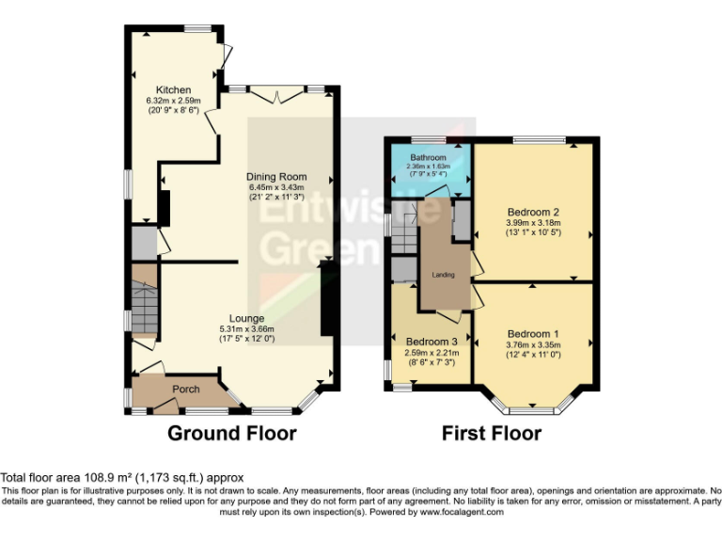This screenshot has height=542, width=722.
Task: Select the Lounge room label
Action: [246, 318]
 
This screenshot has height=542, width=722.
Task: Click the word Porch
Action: [185, 389]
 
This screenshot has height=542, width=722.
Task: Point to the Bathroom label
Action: [428, 157]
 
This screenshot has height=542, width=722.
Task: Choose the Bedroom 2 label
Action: [533, 211]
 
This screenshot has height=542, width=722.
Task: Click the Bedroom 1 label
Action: [533, 334]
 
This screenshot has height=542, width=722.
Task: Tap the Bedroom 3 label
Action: [432, 342]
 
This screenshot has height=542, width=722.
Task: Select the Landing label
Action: [443, 275]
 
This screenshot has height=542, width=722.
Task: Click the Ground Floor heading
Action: [232, 434]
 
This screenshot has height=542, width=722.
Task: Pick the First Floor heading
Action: [492, 434]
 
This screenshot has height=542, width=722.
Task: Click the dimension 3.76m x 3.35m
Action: [533, 344]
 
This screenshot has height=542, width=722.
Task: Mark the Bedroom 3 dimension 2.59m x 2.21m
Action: [432, 353]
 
